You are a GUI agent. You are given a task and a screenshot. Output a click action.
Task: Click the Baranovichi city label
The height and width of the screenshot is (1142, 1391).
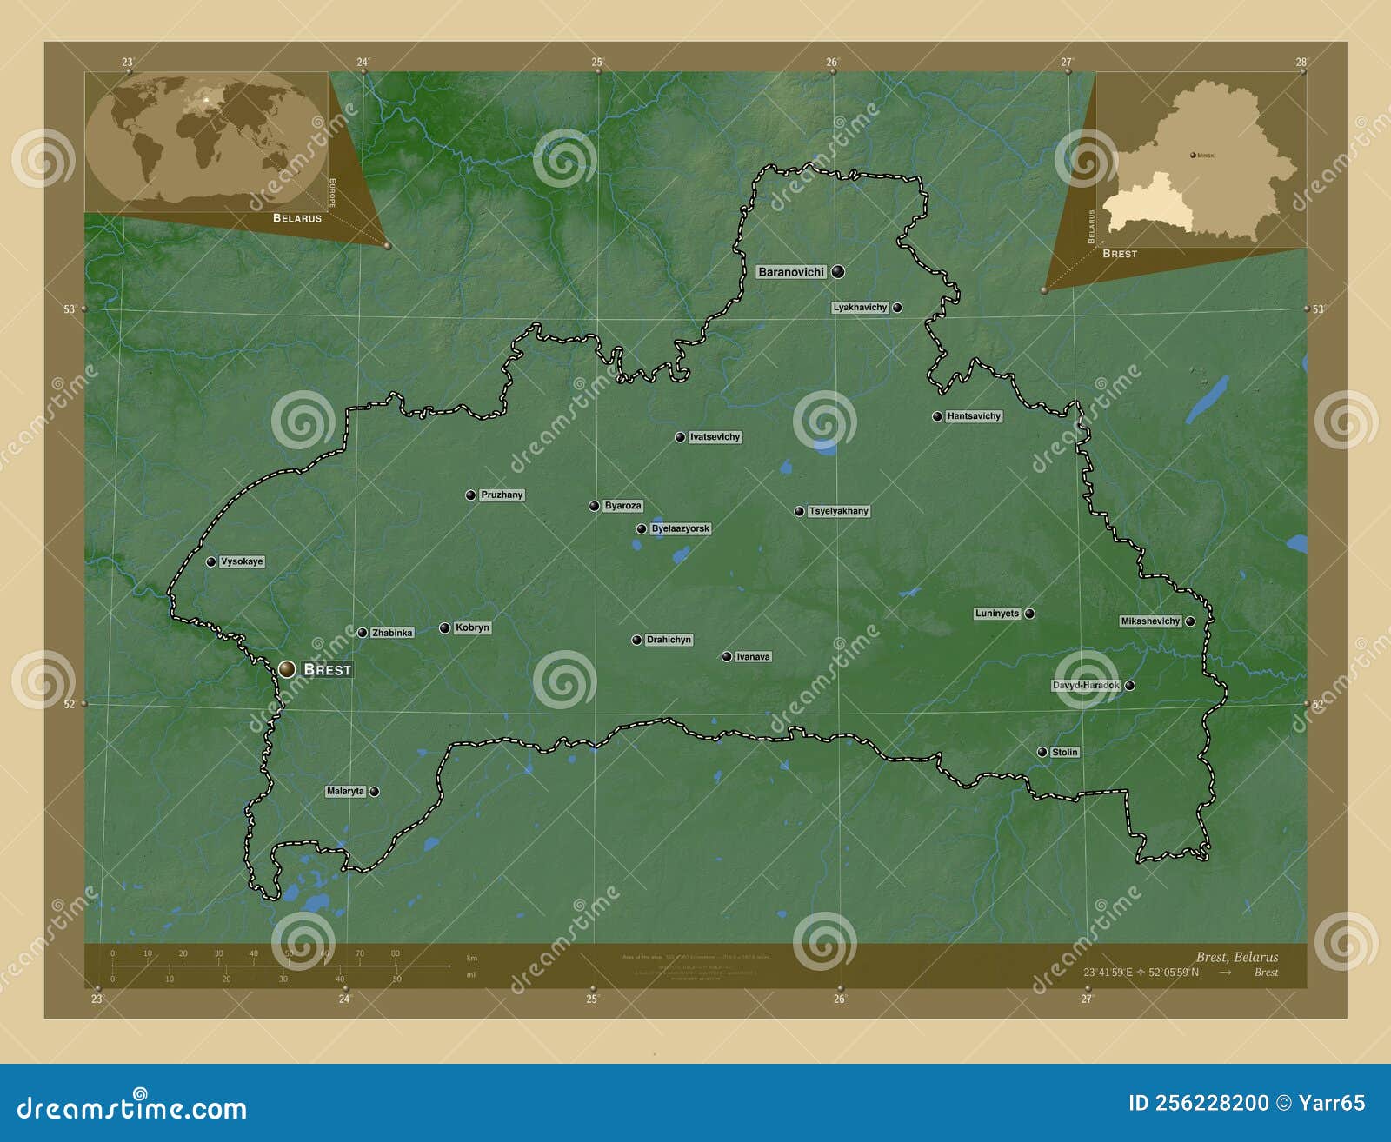pyautogui.click(x=790, y=272)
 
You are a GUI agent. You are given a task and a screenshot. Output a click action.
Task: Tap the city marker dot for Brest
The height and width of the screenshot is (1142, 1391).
pyautogui.click(x=287, y=669)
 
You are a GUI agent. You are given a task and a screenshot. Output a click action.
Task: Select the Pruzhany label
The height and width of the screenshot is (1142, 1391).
pyautogui.click(x=502, y=495)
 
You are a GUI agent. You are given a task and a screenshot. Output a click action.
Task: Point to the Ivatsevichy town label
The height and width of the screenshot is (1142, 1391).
pyautogui.click(x=715, y=437)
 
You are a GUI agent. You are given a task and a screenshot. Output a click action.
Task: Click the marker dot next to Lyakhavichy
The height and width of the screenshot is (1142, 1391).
pyautogui.click(x=897, y=308)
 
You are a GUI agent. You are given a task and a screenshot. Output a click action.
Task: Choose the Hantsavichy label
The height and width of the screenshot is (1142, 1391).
pyautogui.click(x=974, y=416)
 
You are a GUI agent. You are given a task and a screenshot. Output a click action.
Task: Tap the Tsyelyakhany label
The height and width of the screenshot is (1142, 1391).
pyautogui.click(x=838, y=511)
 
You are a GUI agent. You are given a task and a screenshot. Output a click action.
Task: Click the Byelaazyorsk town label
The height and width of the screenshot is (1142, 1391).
pyautogui.click(x=680, y=528)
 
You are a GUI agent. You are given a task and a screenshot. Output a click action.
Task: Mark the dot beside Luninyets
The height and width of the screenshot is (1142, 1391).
pyautogui.click(x=1030, y=614)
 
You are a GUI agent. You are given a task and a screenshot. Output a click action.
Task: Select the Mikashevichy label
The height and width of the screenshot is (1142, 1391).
pyautogui.click(x=1150, y=621)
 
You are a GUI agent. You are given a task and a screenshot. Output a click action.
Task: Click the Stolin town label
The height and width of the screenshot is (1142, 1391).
pyautogui.click(x=1064, y=753)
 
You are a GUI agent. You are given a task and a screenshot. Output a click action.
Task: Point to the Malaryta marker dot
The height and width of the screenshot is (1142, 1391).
pyautogui.click(x=375, y=792)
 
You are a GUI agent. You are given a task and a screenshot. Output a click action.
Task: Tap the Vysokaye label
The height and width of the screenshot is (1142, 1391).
pyautogui.click(x=242, y=561)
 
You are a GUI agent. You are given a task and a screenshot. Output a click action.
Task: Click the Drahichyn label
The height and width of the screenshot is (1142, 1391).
pyautogui.click(x=669, y=640)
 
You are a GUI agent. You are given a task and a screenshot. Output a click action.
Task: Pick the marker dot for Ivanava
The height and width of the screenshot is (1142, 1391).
pyautogui.click(x=727, y=657)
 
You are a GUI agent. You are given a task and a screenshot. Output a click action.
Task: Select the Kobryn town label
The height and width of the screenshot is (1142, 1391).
pyautogui.click(x=472, y=627)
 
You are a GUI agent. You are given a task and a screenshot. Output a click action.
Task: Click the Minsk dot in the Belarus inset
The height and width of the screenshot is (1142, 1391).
pyautogui.click(x=1192, y=156)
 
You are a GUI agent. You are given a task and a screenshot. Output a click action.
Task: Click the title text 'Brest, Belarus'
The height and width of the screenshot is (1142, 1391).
pyautogui.click(x=1236, y=957)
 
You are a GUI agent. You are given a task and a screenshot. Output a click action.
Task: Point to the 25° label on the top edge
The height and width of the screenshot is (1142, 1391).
pyautogui.click(x=597, y=62)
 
